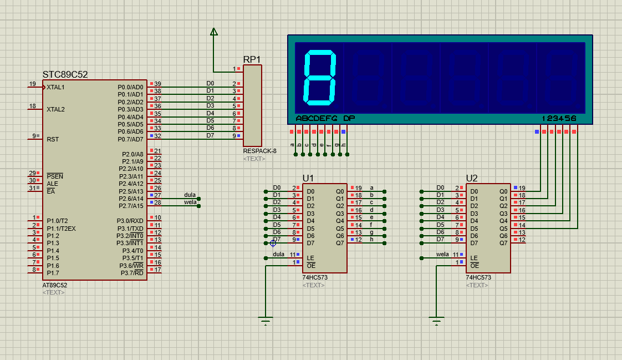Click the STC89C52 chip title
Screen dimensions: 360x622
65,74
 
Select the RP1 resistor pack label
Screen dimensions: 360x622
252,59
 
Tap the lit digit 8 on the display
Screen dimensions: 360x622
320,78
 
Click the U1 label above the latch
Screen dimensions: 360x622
308,178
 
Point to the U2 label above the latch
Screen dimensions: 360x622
472,178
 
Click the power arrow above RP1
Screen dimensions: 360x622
214,32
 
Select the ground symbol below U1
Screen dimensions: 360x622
266,321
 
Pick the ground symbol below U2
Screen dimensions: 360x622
437,321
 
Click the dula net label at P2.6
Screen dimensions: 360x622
190,195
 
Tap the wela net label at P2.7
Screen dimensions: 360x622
190,202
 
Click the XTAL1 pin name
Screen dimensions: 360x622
55,87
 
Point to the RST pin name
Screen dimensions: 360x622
53,139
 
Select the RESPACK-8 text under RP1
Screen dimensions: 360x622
259,151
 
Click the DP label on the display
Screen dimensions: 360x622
349,118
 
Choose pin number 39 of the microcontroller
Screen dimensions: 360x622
157,84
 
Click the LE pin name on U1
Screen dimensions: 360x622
310,258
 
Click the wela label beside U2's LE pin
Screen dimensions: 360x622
442,254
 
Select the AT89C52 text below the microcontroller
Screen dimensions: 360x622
54,285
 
